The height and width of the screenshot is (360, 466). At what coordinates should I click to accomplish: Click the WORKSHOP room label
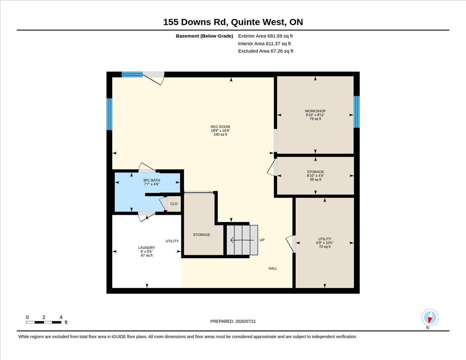pos(315,111)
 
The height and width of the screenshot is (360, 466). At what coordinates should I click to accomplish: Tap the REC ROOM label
pos(220,127)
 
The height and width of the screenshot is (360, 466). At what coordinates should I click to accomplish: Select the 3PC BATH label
pos(151,180)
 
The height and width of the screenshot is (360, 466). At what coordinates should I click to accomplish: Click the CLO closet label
pos(174,204)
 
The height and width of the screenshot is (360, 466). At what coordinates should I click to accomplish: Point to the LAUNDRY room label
pos(147,248)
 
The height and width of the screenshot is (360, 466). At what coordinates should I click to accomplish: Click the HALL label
pos(273,268)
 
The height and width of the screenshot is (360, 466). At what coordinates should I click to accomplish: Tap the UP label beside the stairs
pos(262,240)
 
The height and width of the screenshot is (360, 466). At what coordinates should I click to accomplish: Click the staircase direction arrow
pos(242,240)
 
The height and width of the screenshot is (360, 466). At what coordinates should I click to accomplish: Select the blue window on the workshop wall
pos(356,112)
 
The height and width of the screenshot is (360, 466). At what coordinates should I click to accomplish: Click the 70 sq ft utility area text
pos(325,247)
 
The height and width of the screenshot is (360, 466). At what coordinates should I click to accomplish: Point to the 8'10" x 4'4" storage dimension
pos(315,176)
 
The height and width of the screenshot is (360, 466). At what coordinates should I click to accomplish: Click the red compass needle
pos(430,320)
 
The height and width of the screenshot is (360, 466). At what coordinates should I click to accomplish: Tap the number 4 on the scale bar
pos(61,317)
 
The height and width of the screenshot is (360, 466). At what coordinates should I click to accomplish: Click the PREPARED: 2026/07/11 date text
pos(233,322)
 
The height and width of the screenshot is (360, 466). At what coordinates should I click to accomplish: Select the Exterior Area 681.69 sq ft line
pos(265,36)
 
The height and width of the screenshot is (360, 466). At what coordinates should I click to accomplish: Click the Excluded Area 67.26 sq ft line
pos(266,51)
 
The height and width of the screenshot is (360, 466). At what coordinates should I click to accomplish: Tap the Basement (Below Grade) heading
pos(204,36)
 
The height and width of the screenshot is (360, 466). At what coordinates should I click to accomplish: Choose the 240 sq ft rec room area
pos(220,134)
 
